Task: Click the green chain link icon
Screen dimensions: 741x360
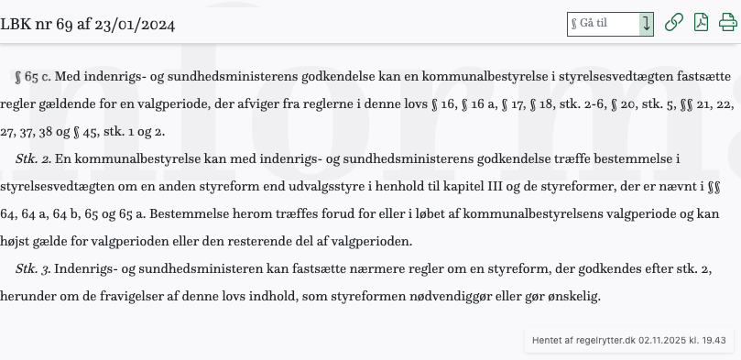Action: pos(673,23)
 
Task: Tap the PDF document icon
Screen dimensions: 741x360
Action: pos(701,23)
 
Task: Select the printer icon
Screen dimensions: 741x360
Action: pos(727,23)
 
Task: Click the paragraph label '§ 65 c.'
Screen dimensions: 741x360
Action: pos(32,77)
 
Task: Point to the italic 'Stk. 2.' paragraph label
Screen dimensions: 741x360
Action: pos(33,159)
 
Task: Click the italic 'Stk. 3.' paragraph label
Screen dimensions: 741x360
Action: pos(33,270)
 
